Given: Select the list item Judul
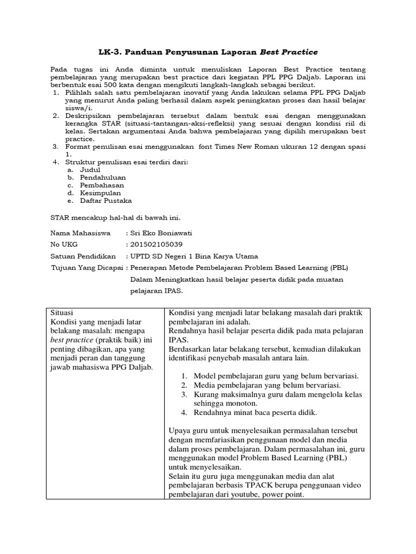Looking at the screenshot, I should pyautogui.click(x=90, y=169).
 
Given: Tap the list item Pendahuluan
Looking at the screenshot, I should pyautogui.click(x=103, y=177).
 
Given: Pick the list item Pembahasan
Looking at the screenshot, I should pyautogui.click(x=102, y=184).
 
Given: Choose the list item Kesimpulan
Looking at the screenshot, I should pyautogui.click(x=100, y=193).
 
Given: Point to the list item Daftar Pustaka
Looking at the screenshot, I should pyautogui.click(x=106, y=200).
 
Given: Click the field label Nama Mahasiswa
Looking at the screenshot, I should pyautogui.click(x=81, y=233).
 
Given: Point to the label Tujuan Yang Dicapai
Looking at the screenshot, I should pyautogui.click(x=87, y=268).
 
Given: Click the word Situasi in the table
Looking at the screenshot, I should pyautogui.click(x=61, y=313).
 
